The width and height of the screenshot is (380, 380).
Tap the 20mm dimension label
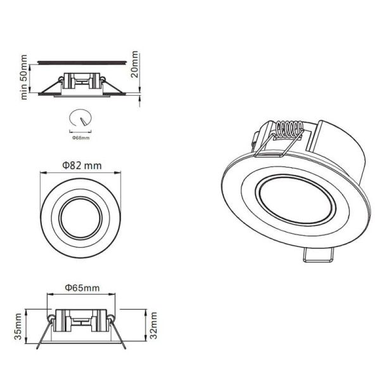(135, 64)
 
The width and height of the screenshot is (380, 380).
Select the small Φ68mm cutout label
(80, 137)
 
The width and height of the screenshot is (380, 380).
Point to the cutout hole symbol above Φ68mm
(80, 119)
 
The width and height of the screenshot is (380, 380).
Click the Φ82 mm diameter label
(82, 166)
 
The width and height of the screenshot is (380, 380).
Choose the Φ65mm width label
(82, 288)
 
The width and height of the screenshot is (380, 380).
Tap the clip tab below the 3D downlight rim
(319, 254)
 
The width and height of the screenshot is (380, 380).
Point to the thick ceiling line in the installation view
(80, 61)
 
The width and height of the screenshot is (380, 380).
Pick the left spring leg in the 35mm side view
(42, 335)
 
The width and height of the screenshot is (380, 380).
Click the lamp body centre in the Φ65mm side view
(80, 320)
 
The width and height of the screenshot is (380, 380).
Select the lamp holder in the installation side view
(80, 81)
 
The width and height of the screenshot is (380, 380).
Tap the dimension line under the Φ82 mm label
(81, 174)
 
